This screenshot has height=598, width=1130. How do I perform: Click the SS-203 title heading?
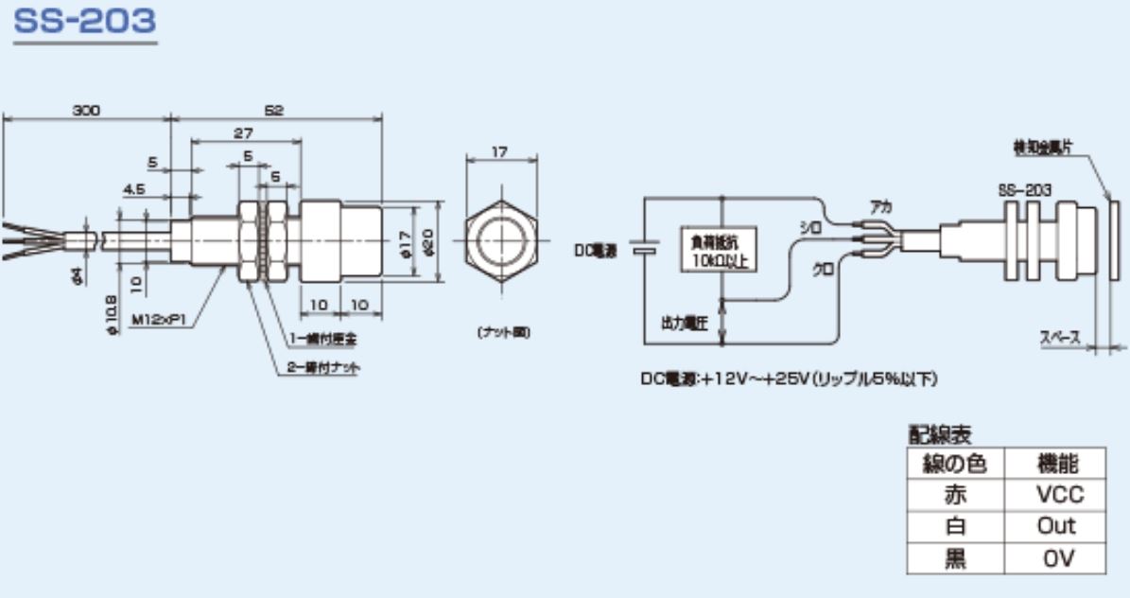click(85, 21)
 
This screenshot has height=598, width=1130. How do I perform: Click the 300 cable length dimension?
click(87, 110)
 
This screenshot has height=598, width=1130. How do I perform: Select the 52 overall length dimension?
click(275, 110)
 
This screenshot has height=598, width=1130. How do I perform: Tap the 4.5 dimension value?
click(133, 188)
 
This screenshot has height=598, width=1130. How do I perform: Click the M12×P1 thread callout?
click(160, 320)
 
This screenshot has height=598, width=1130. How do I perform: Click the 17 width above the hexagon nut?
click(502, 151)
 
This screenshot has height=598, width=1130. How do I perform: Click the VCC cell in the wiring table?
click(1058, 494)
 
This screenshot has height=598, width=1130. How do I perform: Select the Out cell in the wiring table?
click(1058, 526)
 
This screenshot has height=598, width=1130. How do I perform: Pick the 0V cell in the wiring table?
click(1058, 557)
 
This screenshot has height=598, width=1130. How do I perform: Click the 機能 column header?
click(1058, 463)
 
